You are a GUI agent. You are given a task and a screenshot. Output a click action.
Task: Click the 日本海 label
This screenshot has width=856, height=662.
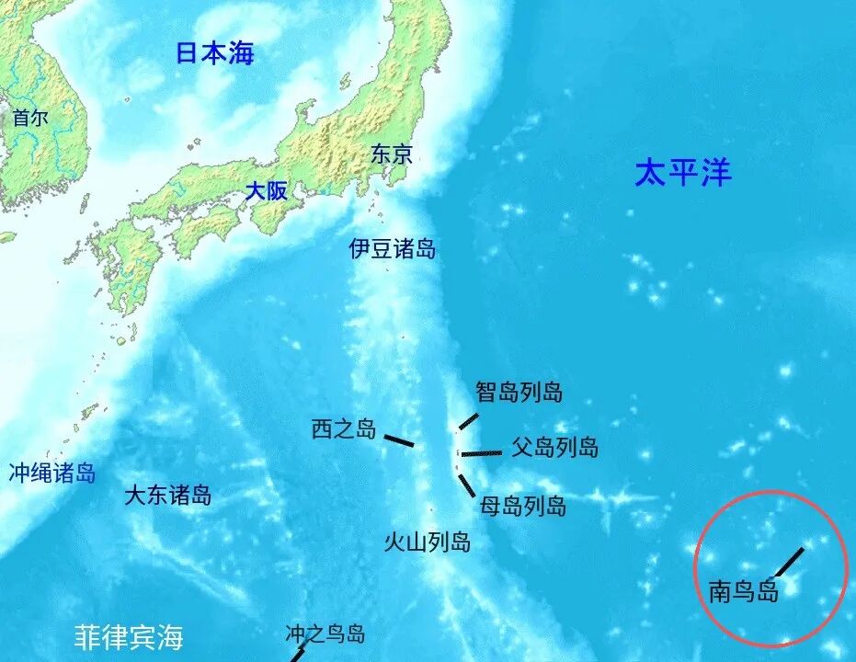214,53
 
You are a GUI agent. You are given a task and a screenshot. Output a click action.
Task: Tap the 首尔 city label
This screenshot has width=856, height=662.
30,117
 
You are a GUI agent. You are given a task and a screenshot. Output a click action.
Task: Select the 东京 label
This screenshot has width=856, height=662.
392,154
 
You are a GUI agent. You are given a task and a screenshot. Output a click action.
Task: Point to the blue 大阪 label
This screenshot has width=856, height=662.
266,191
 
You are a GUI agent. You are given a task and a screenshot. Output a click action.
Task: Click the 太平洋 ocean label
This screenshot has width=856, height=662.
683,172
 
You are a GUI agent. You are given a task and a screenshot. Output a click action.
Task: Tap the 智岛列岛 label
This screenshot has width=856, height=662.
519,393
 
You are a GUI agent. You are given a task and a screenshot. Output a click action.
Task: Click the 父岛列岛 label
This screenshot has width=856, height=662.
554,447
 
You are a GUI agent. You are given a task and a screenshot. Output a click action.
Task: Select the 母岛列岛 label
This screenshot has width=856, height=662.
522,505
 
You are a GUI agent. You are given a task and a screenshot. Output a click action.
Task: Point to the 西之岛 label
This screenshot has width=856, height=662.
344,428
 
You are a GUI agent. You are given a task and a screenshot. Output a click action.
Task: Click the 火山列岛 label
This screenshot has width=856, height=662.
427,542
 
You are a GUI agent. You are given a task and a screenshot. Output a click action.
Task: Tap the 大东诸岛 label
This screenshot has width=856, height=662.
167,496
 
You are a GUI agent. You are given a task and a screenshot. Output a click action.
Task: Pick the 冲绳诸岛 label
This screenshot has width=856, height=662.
52,474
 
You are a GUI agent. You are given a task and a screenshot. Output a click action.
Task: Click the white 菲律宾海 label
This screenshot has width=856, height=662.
129,636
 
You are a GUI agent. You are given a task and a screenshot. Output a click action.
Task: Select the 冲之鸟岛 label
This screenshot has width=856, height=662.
325,633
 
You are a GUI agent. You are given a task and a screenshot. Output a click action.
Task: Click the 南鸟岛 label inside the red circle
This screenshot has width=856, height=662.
743,590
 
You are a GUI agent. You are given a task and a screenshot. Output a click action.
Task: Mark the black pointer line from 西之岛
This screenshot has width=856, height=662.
398,440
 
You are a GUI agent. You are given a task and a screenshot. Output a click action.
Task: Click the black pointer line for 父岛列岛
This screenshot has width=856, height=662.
482,453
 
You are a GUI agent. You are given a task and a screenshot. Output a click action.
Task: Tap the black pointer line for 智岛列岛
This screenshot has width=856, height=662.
469,422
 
